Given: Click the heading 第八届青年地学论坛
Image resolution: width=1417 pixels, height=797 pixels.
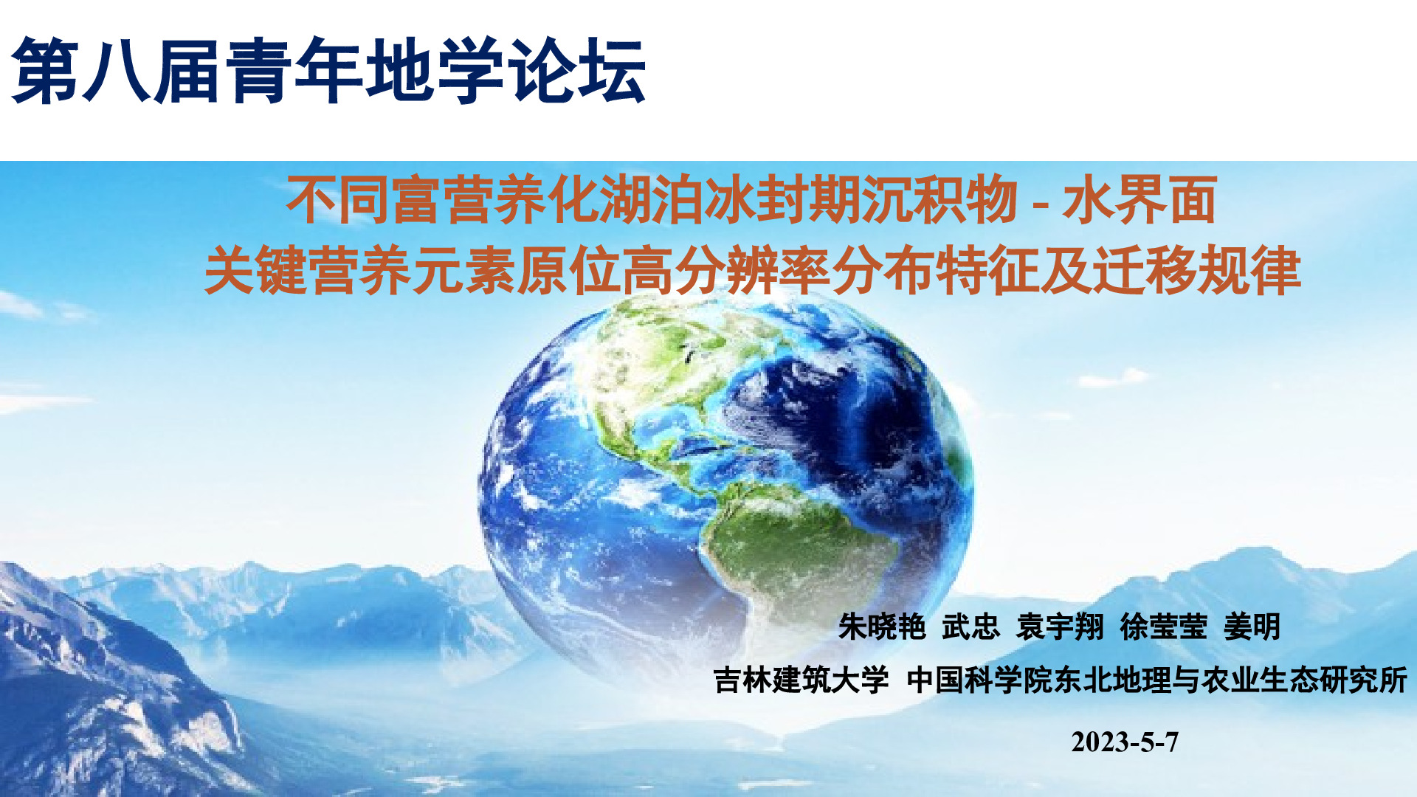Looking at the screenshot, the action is pos(329,70).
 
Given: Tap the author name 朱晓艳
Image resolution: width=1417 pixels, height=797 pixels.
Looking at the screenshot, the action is pos(882,627).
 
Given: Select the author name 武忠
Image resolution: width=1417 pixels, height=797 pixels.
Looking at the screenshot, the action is pos(970,627).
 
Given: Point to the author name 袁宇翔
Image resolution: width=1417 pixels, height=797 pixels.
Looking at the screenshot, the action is pos(1060,627).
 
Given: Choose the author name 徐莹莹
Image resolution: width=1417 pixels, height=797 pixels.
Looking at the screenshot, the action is pos(1163,627).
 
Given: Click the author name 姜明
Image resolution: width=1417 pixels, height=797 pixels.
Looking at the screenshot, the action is pos(1252,627).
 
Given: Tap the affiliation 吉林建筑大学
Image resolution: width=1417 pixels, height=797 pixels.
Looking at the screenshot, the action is pos(801,680).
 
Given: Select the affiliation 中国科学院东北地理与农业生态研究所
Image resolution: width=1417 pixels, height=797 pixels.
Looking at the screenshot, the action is pos(1157,680).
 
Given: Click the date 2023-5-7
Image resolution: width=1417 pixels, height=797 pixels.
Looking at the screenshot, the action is pos(1125,742).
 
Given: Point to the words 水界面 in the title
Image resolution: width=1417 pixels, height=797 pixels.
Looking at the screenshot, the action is pos(1140,200).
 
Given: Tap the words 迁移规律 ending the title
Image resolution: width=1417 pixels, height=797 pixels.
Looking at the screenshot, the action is pos(1197,271).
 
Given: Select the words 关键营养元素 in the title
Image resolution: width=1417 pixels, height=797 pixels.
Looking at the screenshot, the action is pos(360,271).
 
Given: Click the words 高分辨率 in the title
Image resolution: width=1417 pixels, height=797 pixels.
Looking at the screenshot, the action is pos(725,271).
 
